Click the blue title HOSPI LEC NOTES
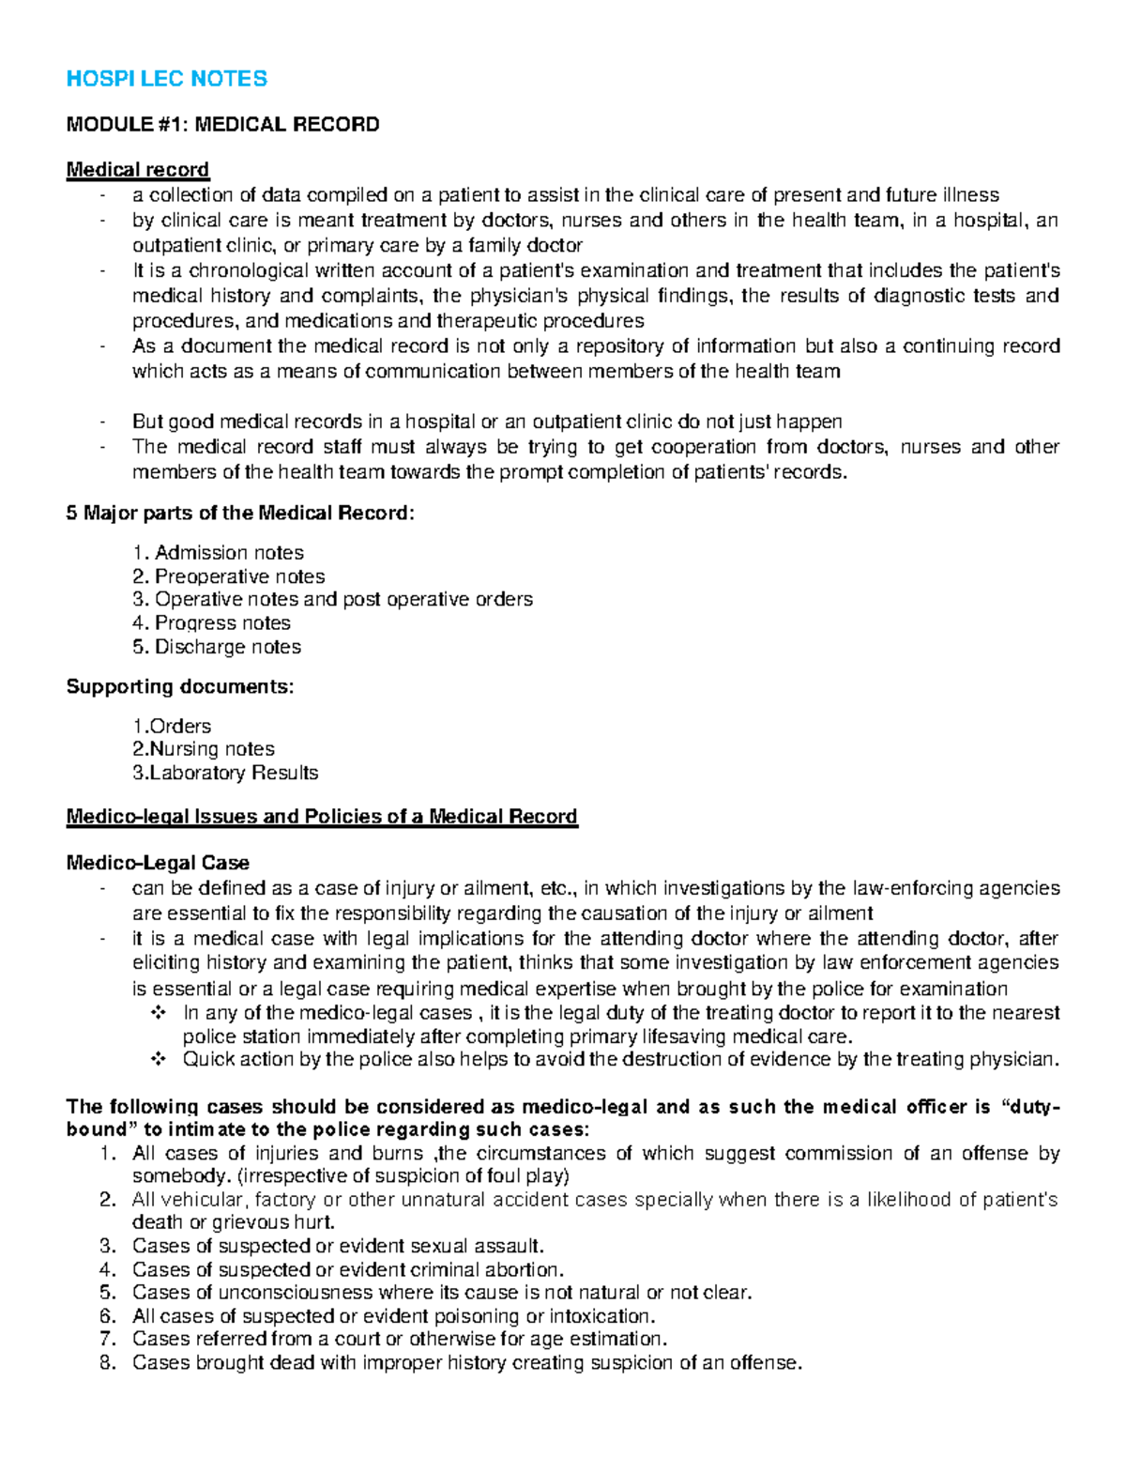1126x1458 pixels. pyautogui.click(x=166, y=79)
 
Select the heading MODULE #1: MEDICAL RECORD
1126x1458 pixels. pyautogui.click(x=222, y=125)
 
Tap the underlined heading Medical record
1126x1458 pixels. pyautogui.click(x=137, y=170)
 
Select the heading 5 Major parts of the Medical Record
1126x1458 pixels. pyautogui.click(x=239, y=514)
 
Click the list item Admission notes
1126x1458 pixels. pyautogui.click(x=228, y=553)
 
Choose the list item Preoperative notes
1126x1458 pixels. pyautogui.click(x=239, y=576)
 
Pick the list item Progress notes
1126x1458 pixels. pyautogui.click(x=222, y=623)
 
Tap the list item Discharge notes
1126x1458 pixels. pyautogui.click(x=227, y=647)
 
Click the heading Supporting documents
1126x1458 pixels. pyautogui.click(x=179, y=687)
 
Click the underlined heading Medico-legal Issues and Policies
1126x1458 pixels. pyautogui.click(x=321, y=817)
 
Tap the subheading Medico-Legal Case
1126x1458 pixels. pyautogui.click(x=158, y=863)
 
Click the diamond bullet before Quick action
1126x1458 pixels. pyautogui.click(x=157, y=1060)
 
